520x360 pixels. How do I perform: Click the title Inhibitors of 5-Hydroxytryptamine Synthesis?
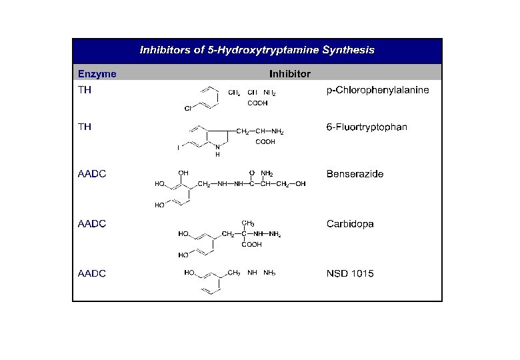tap(257, 49)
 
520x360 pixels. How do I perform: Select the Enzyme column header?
tap(97, 73)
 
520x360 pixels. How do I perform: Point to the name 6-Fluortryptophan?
tap(367, 127)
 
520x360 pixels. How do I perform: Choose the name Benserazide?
tap(355, 175)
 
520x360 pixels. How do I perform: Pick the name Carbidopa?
tap(350, 224)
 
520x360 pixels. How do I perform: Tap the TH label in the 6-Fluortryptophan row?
tap(85, 127)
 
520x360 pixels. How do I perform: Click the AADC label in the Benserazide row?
tap(91, 175)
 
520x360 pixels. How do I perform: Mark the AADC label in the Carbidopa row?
tap(91, 224)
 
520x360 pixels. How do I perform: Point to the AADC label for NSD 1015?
tap(91, 273)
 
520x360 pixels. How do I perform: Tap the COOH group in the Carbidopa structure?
tap(251, 245)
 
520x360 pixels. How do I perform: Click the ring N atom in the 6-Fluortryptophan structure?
tap(217, 148)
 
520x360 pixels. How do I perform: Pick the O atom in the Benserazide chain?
tap(251, 173)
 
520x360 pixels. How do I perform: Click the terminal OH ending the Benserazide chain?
tap(301, 184)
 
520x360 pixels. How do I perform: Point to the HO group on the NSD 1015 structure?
tap(190, 273)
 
